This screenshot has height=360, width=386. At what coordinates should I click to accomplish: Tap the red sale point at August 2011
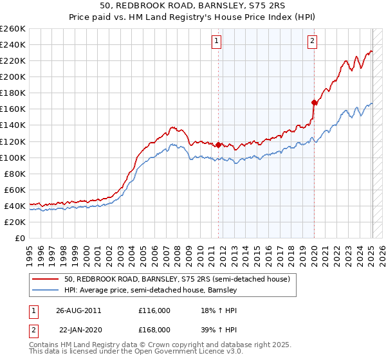pos(219,145)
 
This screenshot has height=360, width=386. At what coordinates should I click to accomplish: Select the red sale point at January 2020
pos(314,102)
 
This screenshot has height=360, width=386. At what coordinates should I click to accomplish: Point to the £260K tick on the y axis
pos(12,29)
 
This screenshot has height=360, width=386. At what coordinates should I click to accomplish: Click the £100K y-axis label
pos(12,157)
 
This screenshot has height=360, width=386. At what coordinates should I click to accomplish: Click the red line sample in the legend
pos(46,279)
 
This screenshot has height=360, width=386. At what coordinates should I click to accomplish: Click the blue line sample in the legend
pos(46,290)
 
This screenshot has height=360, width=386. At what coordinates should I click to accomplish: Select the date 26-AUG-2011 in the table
pos(78,310)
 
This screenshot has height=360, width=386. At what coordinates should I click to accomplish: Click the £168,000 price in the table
pos(154,329)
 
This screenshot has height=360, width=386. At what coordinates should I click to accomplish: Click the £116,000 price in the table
pos(154,310)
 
